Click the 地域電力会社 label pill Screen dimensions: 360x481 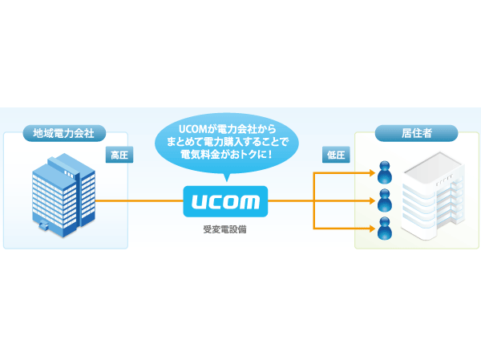(63, 133)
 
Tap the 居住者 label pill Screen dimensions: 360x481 (417, 133)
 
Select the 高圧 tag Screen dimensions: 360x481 (119, 155)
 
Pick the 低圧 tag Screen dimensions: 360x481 (334, 155)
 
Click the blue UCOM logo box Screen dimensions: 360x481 (225, 201)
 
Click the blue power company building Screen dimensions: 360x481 (62, 194)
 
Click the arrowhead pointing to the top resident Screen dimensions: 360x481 (371, 172)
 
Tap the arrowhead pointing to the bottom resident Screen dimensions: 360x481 (371, 230)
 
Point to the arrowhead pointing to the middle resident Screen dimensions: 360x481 (371, 201)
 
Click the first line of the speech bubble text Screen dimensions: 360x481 (225, 127)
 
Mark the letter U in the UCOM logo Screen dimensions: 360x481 (197, 201)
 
